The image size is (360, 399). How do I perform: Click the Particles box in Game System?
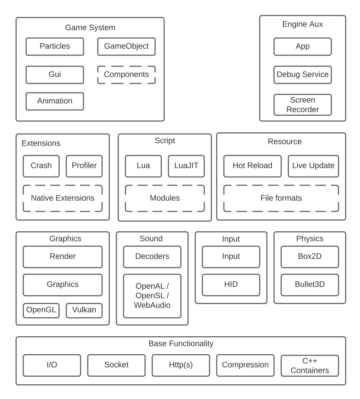tap(55, 47)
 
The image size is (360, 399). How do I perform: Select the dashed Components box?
tap(126, 74)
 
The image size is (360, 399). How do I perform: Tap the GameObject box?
tap(126, 47)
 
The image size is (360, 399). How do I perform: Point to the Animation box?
tap(55, 101)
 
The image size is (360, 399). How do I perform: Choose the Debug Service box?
tap(302, 74)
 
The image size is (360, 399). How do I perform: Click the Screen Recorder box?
tap(302, 105)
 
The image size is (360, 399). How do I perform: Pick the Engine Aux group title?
tap(302, 24)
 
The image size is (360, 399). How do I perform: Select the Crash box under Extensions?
tap(41, 166)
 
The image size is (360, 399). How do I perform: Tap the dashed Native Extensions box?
tap(63, 198)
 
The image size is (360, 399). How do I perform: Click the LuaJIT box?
tap(186, 166)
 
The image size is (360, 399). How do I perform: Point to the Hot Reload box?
tap(253, 166)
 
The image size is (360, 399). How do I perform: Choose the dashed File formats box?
tap(281, 198)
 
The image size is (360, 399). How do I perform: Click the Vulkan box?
tap(84, 310)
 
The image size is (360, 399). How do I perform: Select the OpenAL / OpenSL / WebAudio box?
tap(152, 296)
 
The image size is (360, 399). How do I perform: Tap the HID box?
tap(231, 284)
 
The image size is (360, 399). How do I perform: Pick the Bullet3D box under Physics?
tap(310, 284)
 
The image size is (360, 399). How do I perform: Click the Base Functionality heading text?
tap(181, 343)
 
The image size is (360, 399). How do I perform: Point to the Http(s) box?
tap(181, 365)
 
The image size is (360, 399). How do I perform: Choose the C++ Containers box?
tap(310, 365)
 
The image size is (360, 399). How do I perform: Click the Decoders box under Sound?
tap(152, 256)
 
